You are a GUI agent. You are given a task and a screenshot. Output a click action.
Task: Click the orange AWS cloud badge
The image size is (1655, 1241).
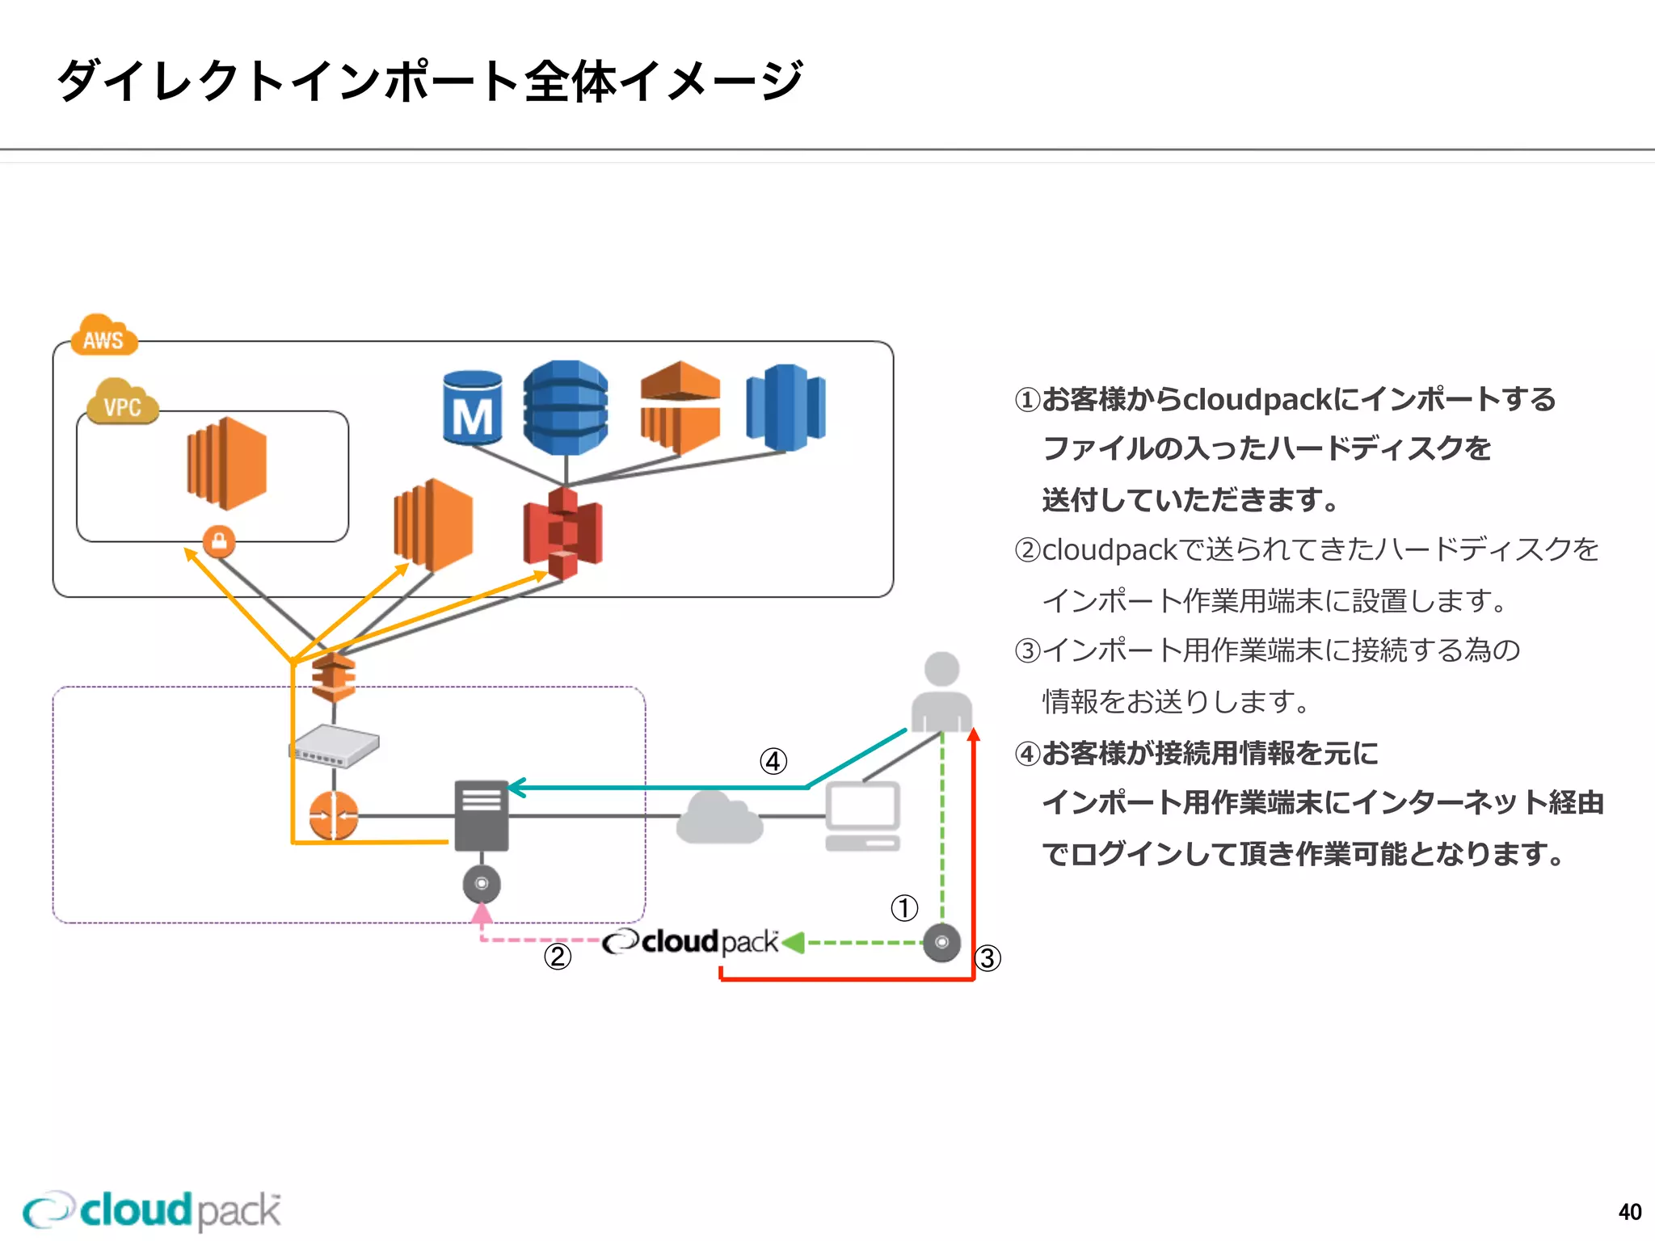(x=103, y=335)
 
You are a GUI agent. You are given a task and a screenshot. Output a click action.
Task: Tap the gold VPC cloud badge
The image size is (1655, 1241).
(x=121, y=402)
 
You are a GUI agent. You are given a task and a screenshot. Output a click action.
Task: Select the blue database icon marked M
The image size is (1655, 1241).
(x=473, y=408)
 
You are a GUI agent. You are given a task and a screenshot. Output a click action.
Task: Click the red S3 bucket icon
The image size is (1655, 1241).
(x=562, y=533)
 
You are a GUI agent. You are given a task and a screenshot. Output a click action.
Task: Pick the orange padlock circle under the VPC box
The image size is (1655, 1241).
(x=219, y=541)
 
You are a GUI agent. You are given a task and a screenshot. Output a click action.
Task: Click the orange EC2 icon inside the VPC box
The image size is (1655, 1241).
(x=227, y=463)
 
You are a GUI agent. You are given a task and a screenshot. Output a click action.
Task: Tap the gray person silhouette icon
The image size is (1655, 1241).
(x=941, y=692)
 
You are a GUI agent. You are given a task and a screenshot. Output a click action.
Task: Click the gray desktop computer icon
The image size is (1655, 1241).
(x=862, y=816)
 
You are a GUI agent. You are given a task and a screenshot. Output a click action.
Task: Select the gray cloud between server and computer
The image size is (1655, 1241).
(x=718, y=818)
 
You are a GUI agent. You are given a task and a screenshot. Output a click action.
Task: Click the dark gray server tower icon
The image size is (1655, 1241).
(x=482, y=815)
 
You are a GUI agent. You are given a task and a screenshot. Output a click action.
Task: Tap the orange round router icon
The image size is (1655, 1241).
(x=333, y=815)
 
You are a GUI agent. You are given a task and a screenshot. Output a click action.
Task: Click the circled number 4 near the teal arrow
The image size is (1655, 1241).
(x=773, y=761)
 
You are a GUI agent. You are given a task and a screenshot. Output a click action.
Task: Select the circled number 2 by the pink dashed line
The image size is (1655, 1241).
(x=558, y=957)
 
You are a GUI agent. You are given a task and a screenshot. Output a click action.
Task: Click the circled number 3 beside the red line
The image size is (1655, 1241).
(x=988, y=958)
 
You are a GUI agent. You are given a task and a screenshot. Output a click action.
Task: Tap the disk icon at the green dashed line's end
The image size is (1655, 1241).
(x=941, y=942)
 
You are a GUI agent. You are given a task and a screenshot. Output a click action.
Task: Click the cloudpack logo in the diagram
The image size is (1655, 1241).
(x=691, y=942)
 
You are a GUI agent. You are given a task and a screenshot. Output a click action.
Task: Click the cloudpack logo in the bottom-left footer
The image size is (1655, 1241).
(x=152, y=1210)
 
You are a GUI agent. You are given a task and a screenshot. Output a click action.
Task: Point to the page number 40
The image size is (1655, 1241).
(x=1629, y=1212)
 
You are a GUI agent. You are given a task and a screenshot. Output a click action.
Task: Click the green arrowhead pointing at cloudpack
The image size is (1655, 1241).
(x=794, y=942)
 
